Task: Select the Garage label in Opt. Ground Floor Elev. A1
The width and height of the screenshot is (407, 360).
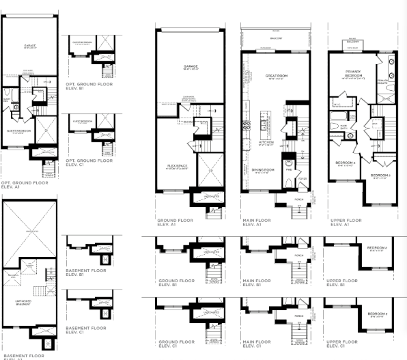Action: (30, 46)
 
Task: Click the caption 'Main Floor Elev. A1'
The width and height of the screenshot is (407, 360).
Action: (257, 223)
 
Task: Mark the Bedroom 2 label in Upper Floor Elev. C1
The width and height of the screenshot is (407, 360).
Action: (376, 314)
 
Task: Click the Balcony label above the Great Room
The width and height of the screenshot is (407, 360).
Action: (275, 39)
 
